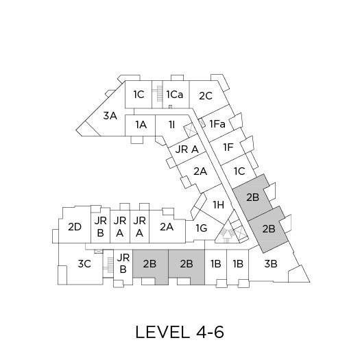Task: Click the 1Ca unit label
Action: (x=174, y=95)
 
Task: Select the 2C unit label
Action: (x=206, y=96)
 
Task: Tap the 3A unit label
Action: (x=110, y=116)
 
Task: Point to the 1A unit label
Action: (x=141, y=125)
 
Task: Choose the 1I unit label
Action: (x=171, y=125)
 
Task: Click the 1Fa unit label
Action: (x=217, y=124)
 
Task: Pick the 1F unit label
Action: (x=228, y=147)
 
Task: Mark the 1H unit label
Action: (x=219, y=204)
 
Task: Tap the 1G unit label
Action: (x=202, y=228)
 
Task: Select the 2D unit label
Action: (x=75, y=227)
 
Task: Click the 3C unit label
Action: (x=84, y=263)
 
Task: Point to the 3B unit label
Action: (x=271, y=263)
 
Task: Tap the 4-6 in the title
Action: (x=210, y=332)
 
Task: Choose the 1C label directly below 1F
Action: (x=239, y=171)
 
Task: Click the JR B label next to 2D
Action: (x=100, y=227)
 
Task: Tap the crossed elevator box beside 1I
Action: (x=190, y=130)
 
